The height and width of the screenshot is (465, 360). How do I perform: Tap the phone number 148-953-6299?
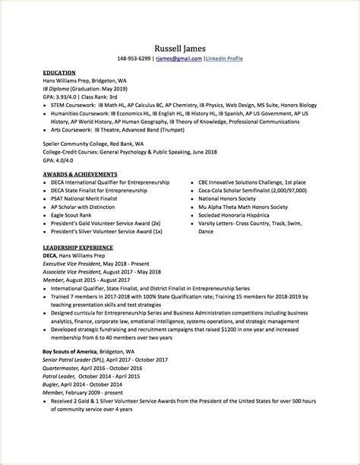(x=133, y=58)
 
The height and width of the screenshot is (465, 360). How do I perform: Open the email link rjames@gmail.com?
(x=179, y=58)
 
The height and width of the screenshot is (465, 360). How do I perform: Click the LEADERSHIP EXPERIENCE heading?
(x=78, y=248)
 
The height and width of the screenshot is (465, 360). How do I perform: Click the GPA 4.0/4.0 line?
(x=60, y=160)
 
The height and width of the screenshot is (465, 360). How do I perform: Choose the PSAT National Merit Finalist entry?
(x=91, y=199)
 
